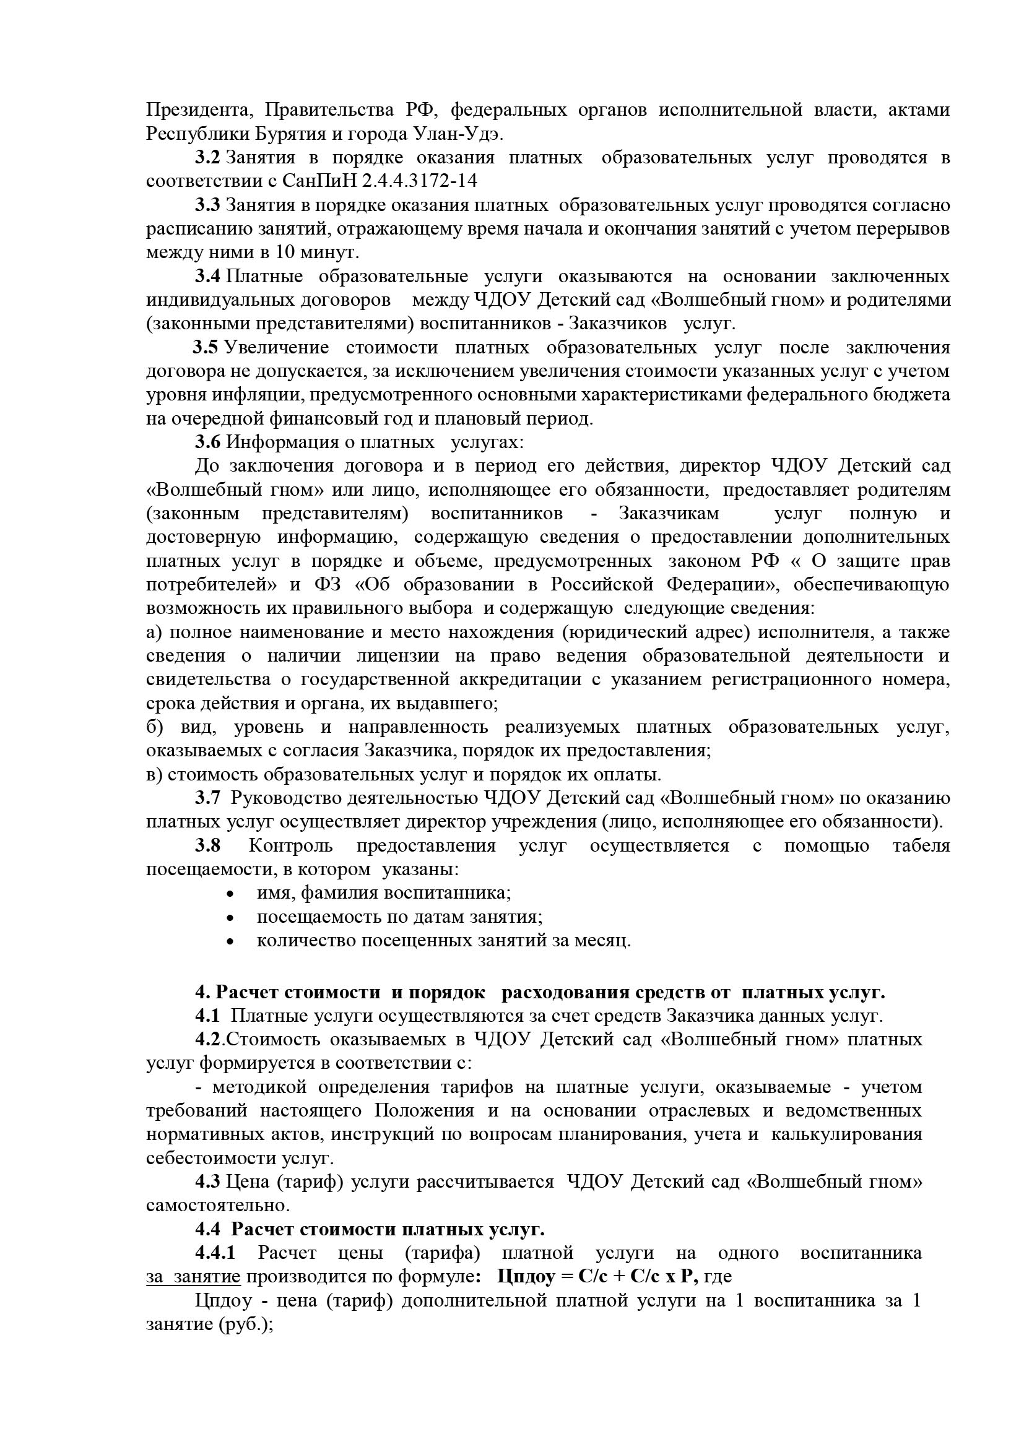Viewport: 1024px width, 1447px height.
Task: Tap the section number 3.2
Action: click(207, 158)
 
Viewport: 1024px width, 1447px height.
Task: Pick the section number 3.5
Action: click(206, 347)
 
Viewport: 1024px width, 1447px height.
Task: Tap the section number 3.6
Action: click(207, 443)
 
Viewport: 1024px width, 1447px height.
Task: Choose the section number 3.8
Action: click(207, 846)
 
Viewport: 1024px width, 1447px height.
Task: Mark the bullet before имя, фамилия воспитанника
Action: click(231, 894)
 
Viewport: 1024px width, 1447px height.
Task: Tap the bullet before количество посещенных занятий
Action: click(231, 941)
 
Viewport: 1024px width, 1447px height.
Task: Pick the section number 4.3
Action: click(207, 1181)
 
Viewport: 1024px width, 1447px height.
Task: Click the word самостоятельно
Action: click(217, 1206)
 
